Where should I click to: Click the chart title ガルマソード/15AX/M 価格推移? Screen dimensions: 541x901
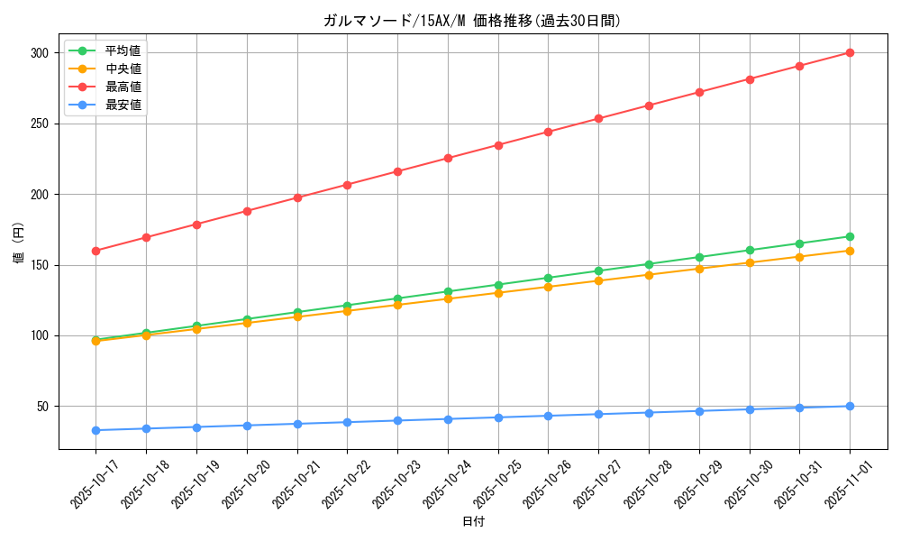(471, 21)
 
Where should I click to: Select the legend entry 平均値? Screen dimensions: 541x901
(123, 50)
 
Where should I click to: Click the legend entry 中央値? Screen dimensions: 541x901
(123, 69)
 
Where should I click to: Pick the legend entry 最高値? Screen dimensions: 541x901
(123, 87)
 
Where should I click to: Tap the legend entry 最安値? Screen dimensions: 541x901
(123, 105)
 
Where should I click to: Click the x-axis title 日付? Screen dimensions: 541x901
(473, 522)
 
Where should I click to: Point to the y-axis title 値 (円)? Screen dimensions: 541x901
(19, 243)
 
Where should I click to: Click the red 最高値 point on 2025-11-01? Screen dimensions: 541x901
(850, 52)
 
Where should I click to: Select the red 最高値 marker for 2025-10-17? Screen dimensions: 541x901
(96, 251)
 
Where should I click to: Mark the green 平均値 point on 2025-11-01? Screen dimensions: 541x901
(850, 236)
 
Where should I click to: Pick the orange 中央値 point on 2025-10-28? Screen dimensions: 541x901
(649, 274)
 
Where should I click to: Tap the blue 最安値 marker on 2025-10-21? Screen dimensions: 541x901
(296, 424)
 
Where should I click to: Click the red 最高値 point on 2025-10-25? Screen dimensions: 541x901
(497, 145)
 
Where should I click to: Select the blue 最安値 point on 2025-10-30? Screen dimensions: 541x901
(749, 409)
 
